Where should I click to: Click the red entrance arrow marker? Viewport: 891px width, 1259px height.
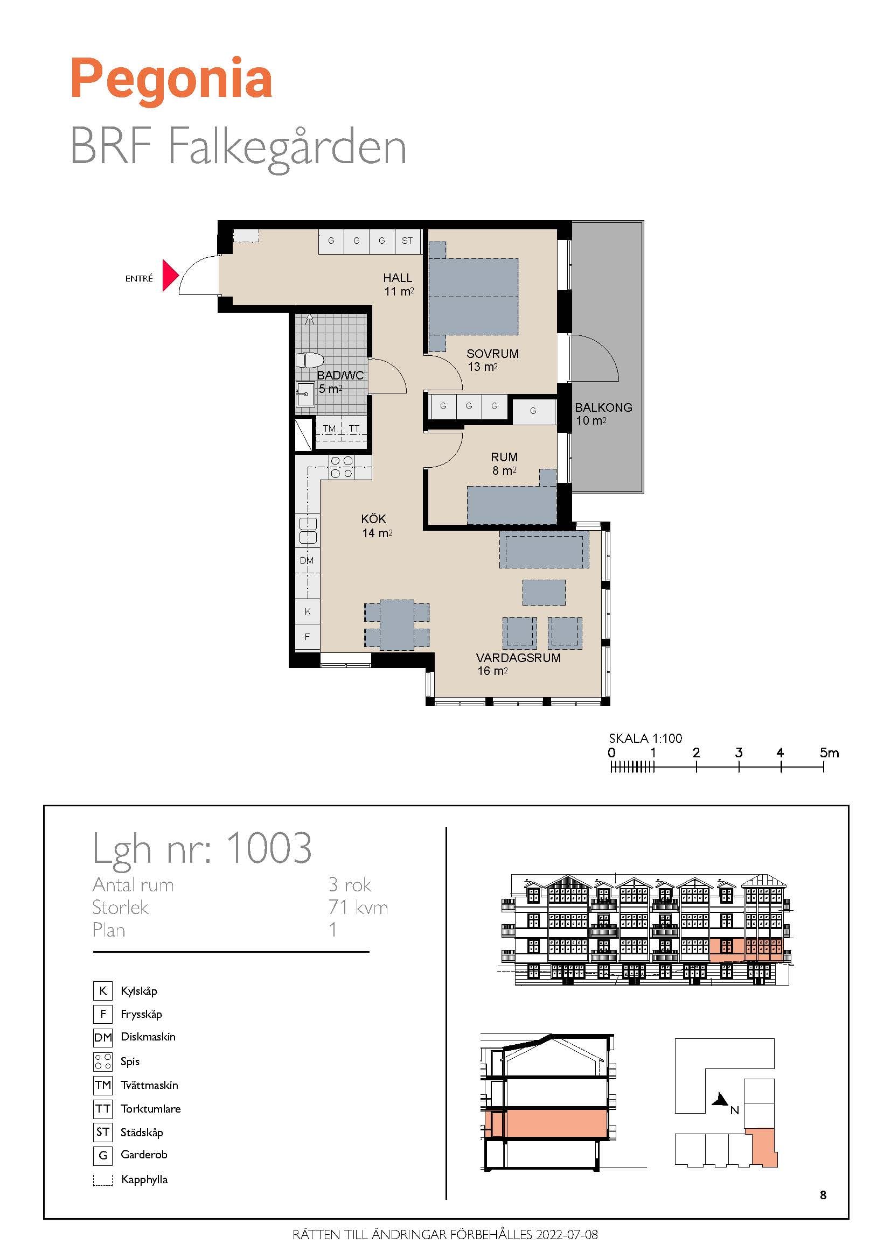point(170,275)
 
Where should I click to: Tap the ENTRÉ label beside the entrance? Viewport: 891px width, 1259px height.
point(139,279)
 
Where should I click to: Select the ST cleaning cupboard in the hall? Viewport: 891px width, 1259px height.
point(408,241)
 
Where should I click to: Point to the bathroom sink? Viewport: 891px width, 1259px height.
point(305,393)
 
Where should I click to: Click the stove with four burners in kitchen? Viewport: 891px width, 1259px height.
point(341,467)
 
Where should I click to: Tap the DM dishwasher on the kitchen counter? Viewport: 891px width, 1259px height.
point(307,560)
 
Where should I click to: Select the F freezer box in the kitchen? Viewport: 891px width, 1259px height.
point(307,637)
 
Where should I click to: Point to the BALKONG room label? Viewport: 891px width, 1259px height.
point(603,407)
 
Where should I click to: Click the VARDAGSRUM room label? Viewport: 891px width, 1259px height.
point(518,658)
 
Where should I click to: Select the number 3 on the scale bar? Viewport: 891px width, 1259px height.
point(739,753)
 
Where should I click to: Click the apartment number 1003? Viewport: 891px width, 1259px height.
point(269,848)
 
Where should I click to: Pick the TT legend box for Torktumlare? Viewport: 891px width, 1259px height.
point(102,1108)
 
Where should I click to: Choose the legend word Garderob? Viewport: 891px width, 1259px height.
point(144,1154)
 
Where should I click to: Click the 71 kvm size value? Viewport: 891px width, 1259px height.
point(358,908)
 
